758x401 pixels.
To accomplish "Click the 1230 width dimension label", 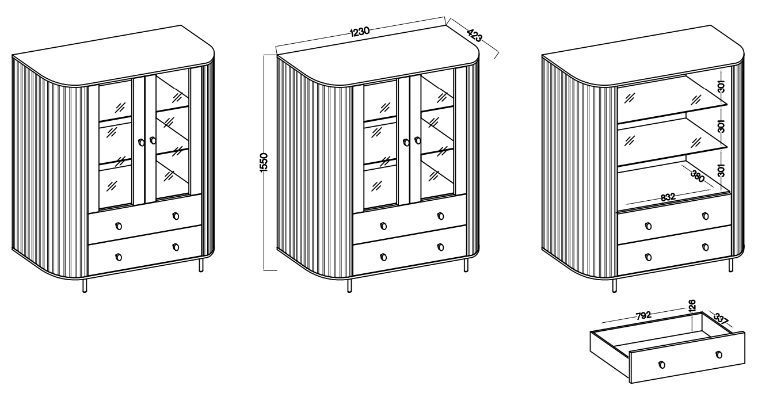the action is (360, 32).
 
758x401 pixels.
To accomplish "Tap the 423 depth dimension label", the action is (474, 35).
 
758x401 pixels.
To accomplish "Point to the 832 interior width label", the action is (668, 197).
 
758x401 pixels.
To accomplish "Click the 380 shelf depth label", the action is (698, 176).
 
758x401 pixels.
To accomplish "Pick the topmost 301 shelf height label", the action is (722, 86).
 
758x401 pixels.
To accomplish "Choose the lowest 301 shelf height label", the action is (722, 170).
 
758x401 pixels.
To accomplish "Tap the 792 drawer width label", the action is (643, 316).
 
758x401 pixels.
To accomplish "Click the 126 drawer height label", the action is (692, 305).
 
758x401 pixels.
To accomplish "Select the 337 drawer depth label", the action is (721, 319).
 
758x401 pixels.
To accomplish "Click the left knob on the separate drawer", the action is (662, 364).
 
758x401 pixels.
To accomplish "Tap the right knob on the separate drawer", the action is (719, 354).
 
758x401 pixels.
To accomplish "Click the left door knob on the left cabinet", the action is (142, 142).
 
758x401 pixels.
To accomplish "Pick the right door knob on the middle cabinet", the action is (418, 140).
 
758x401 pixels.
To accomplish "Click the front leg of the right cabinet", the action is (615, 285).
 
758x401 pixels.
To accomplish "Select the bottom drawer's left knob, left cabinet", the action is (119, 257).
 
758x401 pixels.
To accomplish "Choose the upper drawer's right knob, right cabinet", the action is (706, 216).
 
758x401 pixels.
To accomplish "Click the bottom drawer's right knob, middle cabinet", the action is (441, 247).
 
